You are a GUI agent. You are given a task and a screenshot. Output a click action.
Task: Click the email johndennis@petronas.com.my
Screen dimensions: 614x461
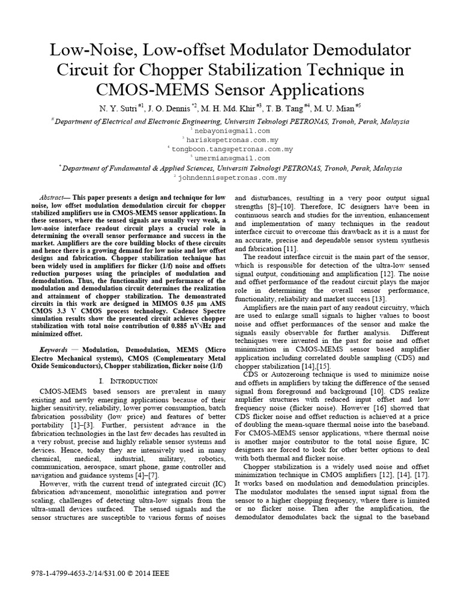(232, 178)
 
